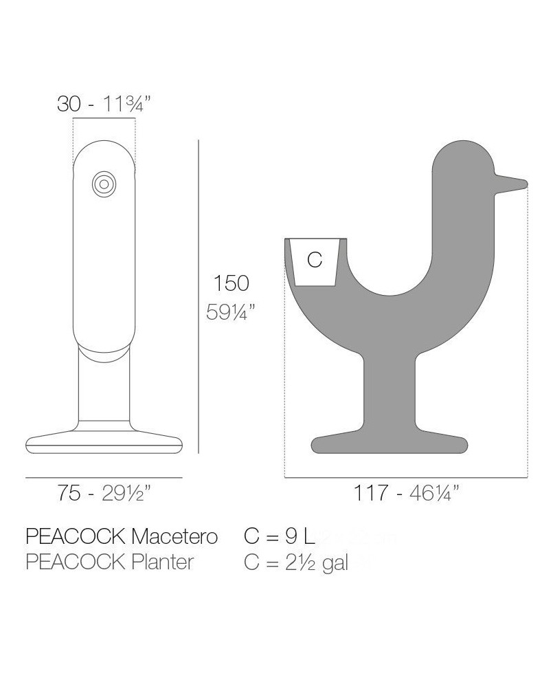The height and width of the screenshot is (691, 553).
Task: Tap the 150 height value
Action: [231, 283]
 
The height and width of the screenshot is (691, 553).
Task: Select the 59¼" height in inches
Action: [231, 312]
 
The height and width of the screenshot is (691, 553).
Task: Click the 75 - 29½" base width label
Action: [104, 493]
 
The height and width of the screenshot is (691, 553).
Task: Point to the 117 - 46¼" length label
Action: [407, 493]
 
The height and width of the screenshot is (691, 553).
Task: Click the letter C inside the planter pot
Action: [315, 260]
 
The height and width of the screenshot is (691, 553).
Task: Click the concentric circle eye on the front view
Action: [104, 184]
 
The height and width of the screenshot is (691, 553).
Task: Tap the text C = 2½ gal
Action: [296, 562]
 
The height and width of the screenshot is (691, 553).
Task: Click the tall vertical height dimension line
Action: [199, 296]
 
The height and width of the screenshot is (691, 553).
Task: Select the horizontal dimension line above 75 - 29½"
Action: [104, 476]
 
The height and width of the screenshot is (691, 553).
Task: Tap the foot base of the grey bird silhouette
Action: [390, 444]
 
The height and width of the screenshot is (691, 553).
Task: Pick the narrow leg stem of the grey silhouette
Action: [390, 392]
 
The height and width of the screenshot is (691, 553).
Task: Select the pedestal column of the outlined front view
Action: [104, 388]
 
